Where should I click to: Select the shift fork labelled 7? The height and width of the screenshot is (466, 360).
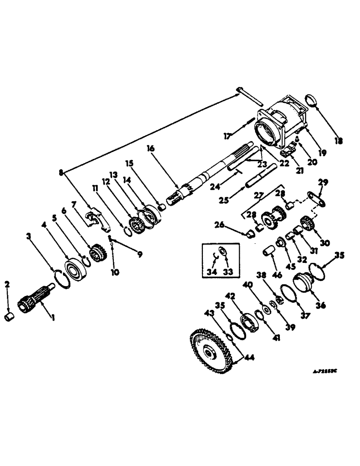click(98, 219)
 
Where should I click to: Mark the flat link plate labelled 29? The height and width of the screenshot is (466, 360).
click(316, 199)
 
